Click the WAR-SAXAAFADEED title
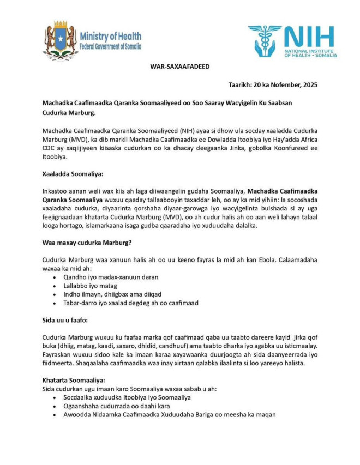(180, 67)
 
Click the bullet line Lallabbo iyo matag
(90, 286)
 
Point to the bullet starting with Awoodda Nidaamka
(169, 414)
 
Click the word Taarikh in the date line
(239, 84)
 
